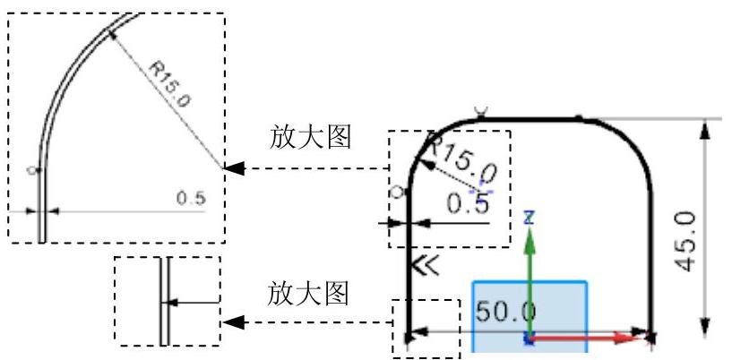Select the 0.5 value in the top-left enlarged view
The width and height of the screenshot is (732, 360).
(x=190, y=198)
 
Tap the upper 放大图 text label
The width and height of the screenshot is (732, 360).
(x=309, y=137)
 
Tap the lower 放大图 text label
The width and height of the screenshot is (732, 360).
(x=309, y=293)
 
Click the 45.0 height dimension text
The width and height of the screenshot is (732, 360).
(x=685, y=241)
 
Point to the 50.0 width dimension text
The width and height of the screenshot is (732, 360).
(x=505, y=312)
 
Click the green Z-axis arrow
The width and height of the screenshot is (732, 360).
(x=530, y=269)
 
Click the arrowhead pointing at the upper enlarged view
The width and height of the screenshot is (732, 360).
(x=233, y=168)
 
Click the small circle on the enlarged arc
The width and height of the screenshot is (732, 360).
(x=32, y=168)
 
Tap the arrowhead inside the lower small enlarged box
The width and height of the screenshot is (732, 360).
(x=174, y=303)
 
